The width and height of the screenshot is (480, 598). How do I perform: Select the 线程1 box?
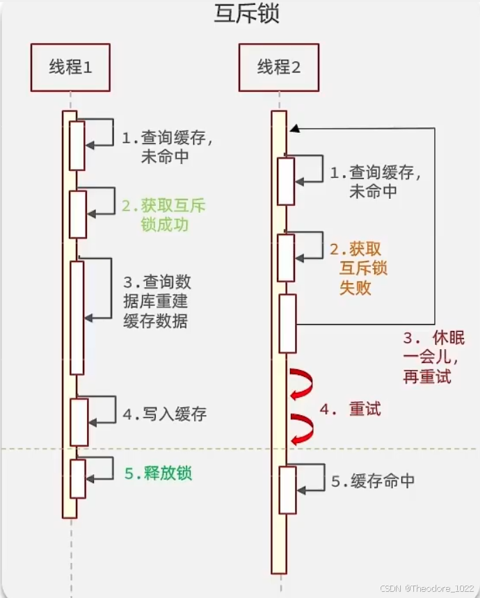(70, 67)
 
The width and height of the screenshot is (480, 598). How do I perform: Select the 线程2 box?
(279, 67)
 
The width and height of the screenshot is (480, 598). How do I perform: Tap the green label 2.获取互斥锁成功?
(164, 216)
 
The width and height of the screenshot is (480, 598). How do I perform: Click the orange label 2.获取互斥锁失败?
(360, 268)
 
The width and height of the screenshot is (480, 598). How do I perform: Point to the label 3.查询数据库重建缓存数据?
(157, 302)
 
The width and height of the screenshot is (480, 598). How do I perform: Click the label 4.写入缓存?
(165, 414)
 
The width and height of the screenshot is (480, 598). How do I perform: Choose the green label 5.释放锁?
(159, 474)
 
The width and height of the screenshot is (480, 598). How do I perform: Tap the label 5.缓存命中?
(373, 481)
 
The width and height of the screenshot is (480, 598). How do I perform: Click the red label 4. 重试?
(351, 409)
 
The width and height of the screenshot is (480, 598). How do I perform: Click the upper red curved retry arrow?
(302, 383)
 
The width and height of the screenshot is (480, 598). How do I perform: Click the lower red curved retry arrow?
(302, 428)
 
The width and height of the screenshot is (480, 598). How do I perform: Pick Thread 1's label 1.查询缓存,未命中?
(167, 147)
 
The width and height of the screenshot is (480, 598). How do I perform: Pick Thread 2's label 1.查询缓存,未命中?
(376, 181)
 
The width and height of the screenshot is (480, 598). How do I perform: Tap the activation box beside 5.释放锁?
(78, 478)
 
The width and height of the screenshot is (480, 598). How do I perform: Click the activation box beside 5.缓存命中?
(287, 490)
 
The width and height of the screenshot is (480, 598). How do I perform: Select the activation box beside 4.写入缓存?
(79, 421)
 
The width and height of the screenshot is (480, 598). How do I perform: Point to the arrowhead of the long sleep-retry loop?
(295, 129)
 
